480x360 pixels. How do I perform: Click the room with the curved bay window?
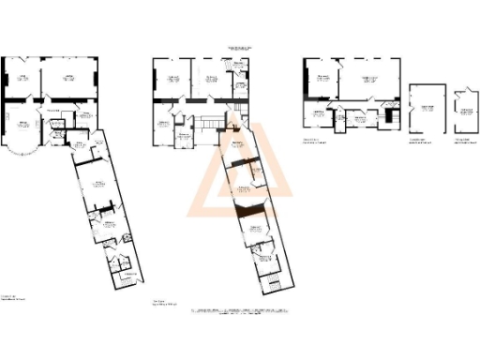(22, 131)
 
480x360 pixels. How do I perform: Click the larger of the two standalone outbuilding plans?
(426, 110)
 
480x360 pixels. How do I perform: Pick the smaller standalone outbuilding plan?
(463, 115)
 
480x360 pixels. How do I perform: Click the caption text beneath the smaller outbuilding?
(463, 142)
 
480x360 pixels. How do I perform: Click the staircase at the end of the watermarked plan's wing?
(270, 284)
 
